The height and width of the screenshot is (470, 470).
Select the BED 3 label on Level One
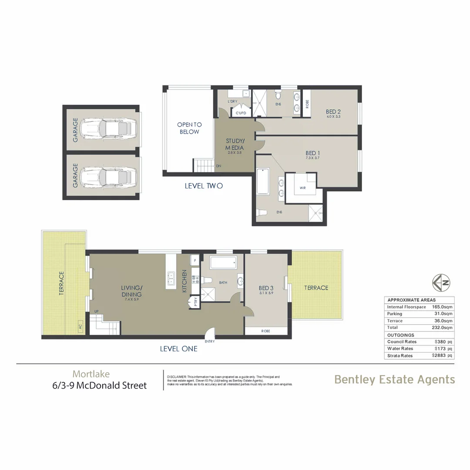point(265,288)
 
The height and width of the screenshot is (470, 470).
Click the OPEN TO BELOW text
point(189,128)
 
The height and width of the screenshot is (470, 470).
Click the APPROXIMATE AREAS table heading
point(411,300)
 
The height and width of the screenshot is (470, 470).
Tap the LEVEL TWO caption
point(204,186)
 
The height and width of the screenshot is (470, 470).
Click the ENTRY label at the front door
point(209,341)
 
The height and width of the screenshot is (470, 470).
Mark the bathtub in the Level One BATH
point(223,262)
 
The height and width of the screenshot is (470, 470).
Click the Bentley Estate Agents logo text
point(394,379)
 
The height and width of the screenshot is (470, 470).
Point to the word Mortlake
point(91,374)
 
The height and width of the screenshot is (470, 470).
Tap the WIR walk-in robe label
point(303,188)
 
